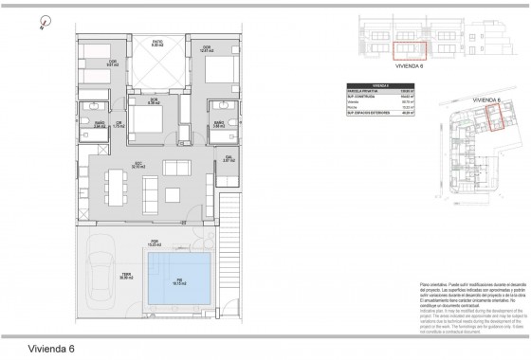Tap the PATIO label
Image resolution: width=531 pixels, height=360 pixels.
[x=158, y=44]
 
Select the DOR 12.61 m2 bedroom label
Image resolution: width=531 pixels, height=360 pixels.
[x=205, y=48]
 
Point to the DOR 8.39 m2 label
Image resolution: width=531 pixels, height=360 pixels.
[x=153, y=99]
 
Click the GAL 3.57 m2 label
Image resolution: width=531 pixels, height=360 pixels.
[x=229, y=159]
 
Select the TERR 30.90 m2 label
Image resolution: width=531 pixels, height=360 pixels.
[x=125, y=276]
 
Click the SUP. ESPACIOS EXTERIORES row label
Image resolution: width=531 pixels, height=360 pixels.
[x=370, y=114]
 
